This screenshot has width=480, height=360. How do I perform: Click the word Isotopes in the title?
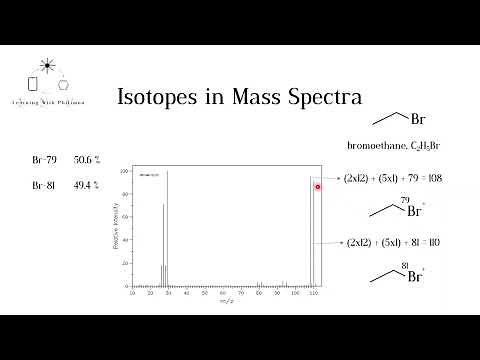pos(152,98)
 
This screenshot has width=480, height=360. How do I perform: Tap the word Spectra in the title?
pos(321,98)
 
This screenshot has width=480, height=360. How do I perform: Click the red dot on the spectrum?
pos(318,187)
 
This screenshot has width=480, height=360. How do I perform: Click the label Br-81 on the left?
pos(45,185)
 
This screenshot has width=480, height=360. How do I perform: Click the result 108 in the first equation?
pos(434,179)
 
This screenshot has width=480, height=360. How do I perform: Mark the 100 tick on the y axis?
pos(126,171)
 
